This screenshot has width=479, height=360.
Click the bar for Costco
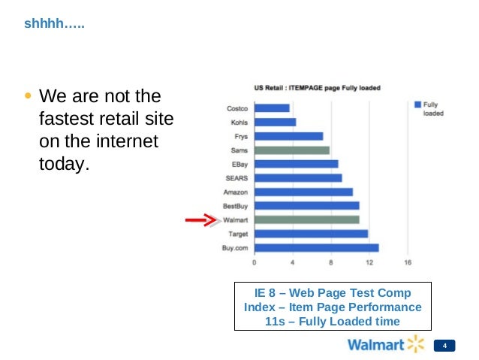272,108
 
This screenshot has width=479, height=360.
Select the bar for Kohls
275,122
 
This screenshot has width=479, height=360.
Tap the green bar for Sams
291,150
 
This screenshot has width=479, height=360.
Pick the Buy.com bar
316,247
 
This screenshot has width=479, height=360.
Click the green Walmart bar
306,219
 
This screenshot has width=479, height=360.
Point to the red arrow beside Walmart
200,220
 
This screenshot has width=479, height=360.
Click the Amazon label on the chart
236,192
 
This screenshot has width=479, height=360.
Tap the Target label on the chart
238,234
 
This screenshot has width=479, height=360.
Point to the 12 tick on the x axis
369,263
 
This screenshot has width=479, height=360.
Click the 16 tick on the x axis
408,263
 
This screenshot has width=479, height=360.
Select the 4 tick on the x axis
293,263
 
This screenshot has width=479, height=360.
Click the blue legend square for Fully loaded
417,105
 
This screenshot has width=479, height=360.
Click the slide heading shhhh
53,24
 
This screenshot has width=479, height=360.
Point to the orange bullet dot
28,97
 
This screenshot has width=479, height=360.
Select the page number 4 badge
445,346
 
